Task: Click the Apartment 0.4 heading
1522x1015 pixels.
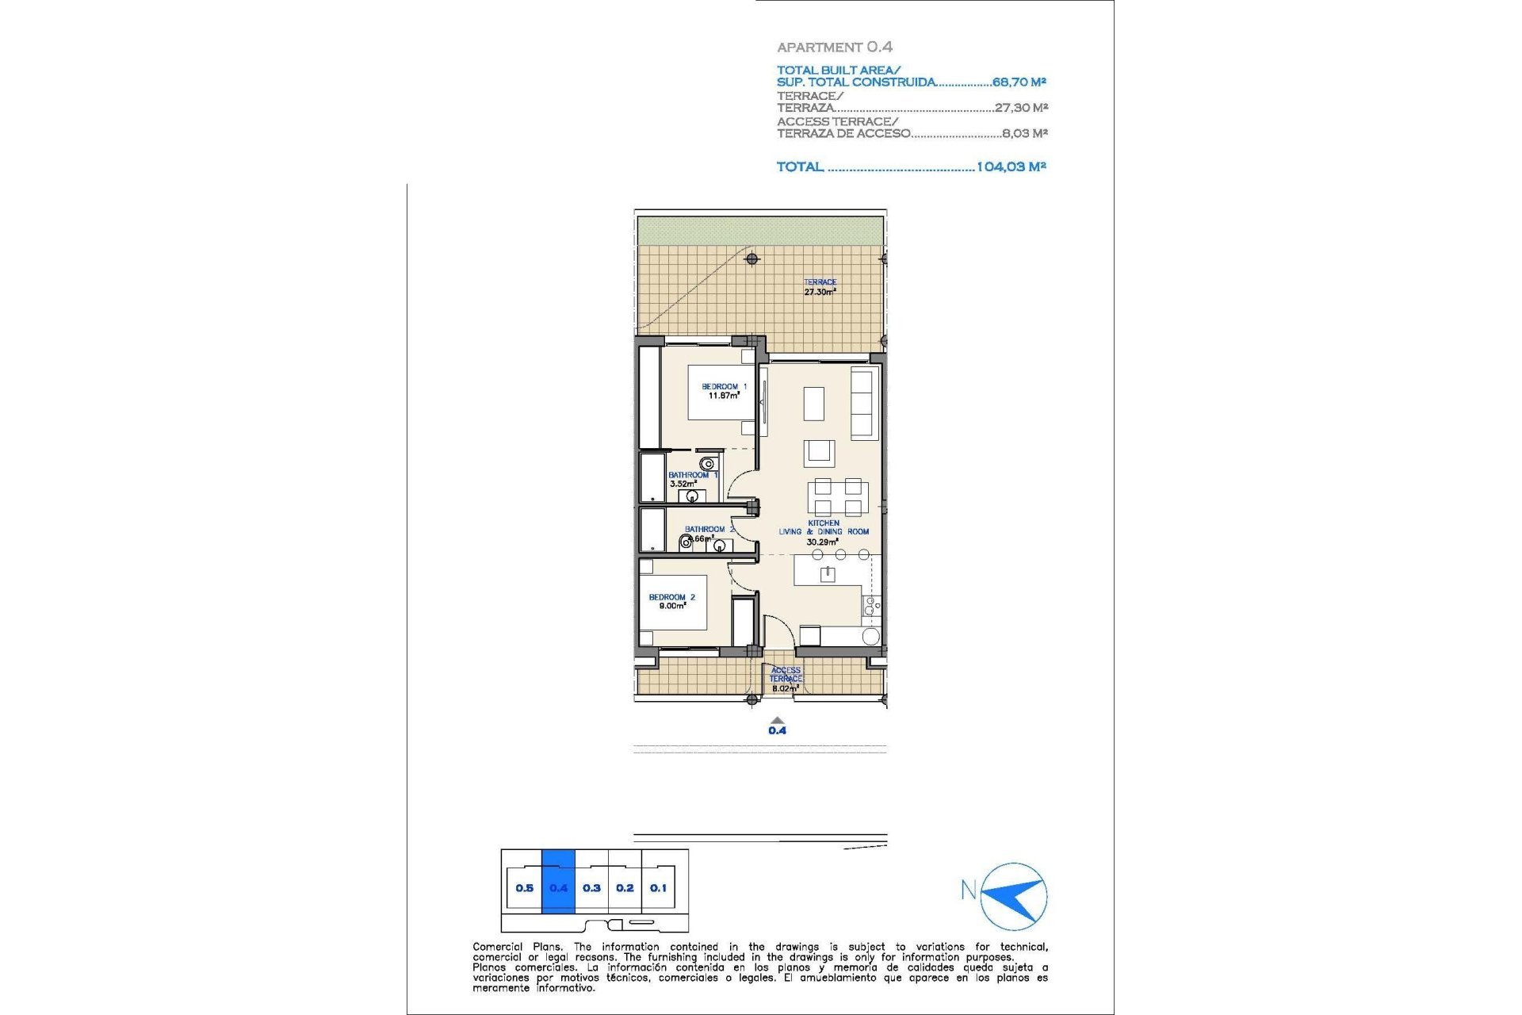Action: tap(835, 48)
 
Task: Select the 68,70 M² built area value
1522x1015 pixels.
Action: tap(1019, 82)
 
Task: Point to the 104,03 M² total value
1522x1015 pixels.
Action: tap(1011, 167)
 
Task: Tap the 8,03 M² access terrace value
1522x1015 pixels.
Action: tap(1024, 133)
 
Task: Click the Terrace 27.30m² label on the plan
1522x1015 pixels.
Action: tap(820, 287)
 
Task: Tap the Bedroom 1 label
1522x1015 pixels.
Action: tap(724, 391)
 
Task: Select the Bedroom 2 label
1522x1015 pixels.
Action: tap(671, 601)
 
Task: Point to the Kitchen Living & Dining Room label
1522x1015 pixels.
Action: tap(824, 532)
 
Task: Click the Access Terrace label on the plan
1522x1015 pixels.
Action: tap(786, 678)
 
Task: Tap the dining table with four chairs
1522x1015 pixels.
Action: tap(838, 497)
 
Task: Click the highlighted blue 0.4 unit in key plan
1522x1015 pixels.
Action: tap(558, 887)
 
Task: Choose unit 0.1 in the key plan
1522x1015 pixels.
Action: tap(658, 887)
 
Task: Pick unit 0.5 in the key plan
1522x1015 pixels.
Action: tap(524, 887)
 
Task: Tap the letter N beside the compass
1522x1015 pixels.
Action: tap(968, 890)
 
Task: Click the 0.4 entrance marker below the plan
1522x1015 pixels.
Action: tap(777, 727)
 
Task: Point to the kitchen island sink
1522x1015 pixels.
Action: tap(828, 573)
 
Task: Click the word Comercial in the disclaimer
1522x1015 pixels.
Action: tap(497, 947)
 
